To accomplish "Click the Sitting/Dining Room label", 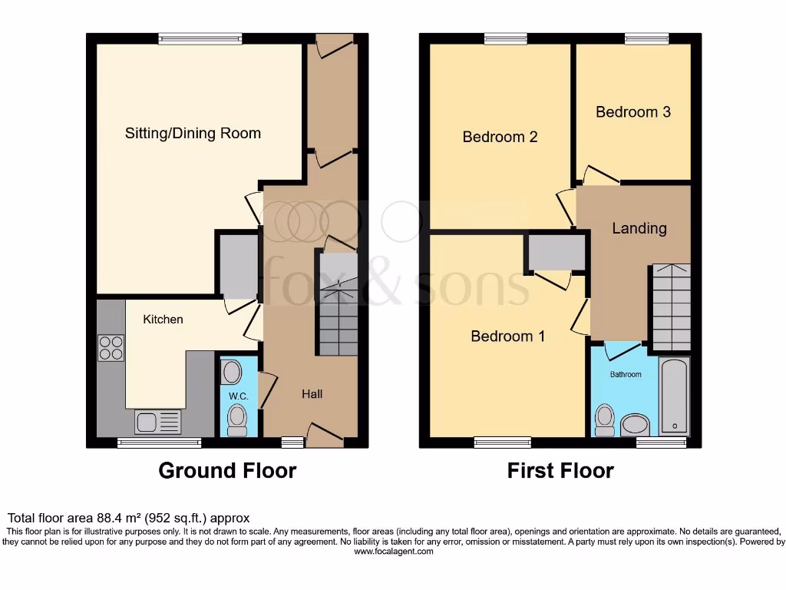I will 193,133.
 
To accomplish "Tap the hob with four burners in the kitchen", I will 111,349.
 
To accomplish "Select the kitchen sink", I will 157,422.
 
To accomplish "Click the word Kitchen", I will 163,319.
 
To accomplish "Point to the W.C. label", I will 238,396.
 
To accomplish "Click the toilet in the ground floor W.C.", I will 237,419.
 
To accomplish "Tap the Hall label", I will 312,394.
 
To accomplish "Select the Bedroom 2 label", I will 500,137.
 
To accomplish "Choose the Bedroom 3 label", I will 633,111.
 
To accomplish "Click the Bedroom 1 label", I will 508,336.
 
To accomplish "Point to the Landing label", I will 639,228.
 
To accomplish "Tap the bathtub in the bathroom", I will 675,396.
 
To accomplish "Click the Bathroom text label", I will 626,375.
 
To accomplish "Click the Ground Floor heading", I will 227,470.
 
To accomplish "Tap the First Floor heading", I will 560,470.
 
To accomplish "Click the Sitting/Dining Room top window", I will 201,37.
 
